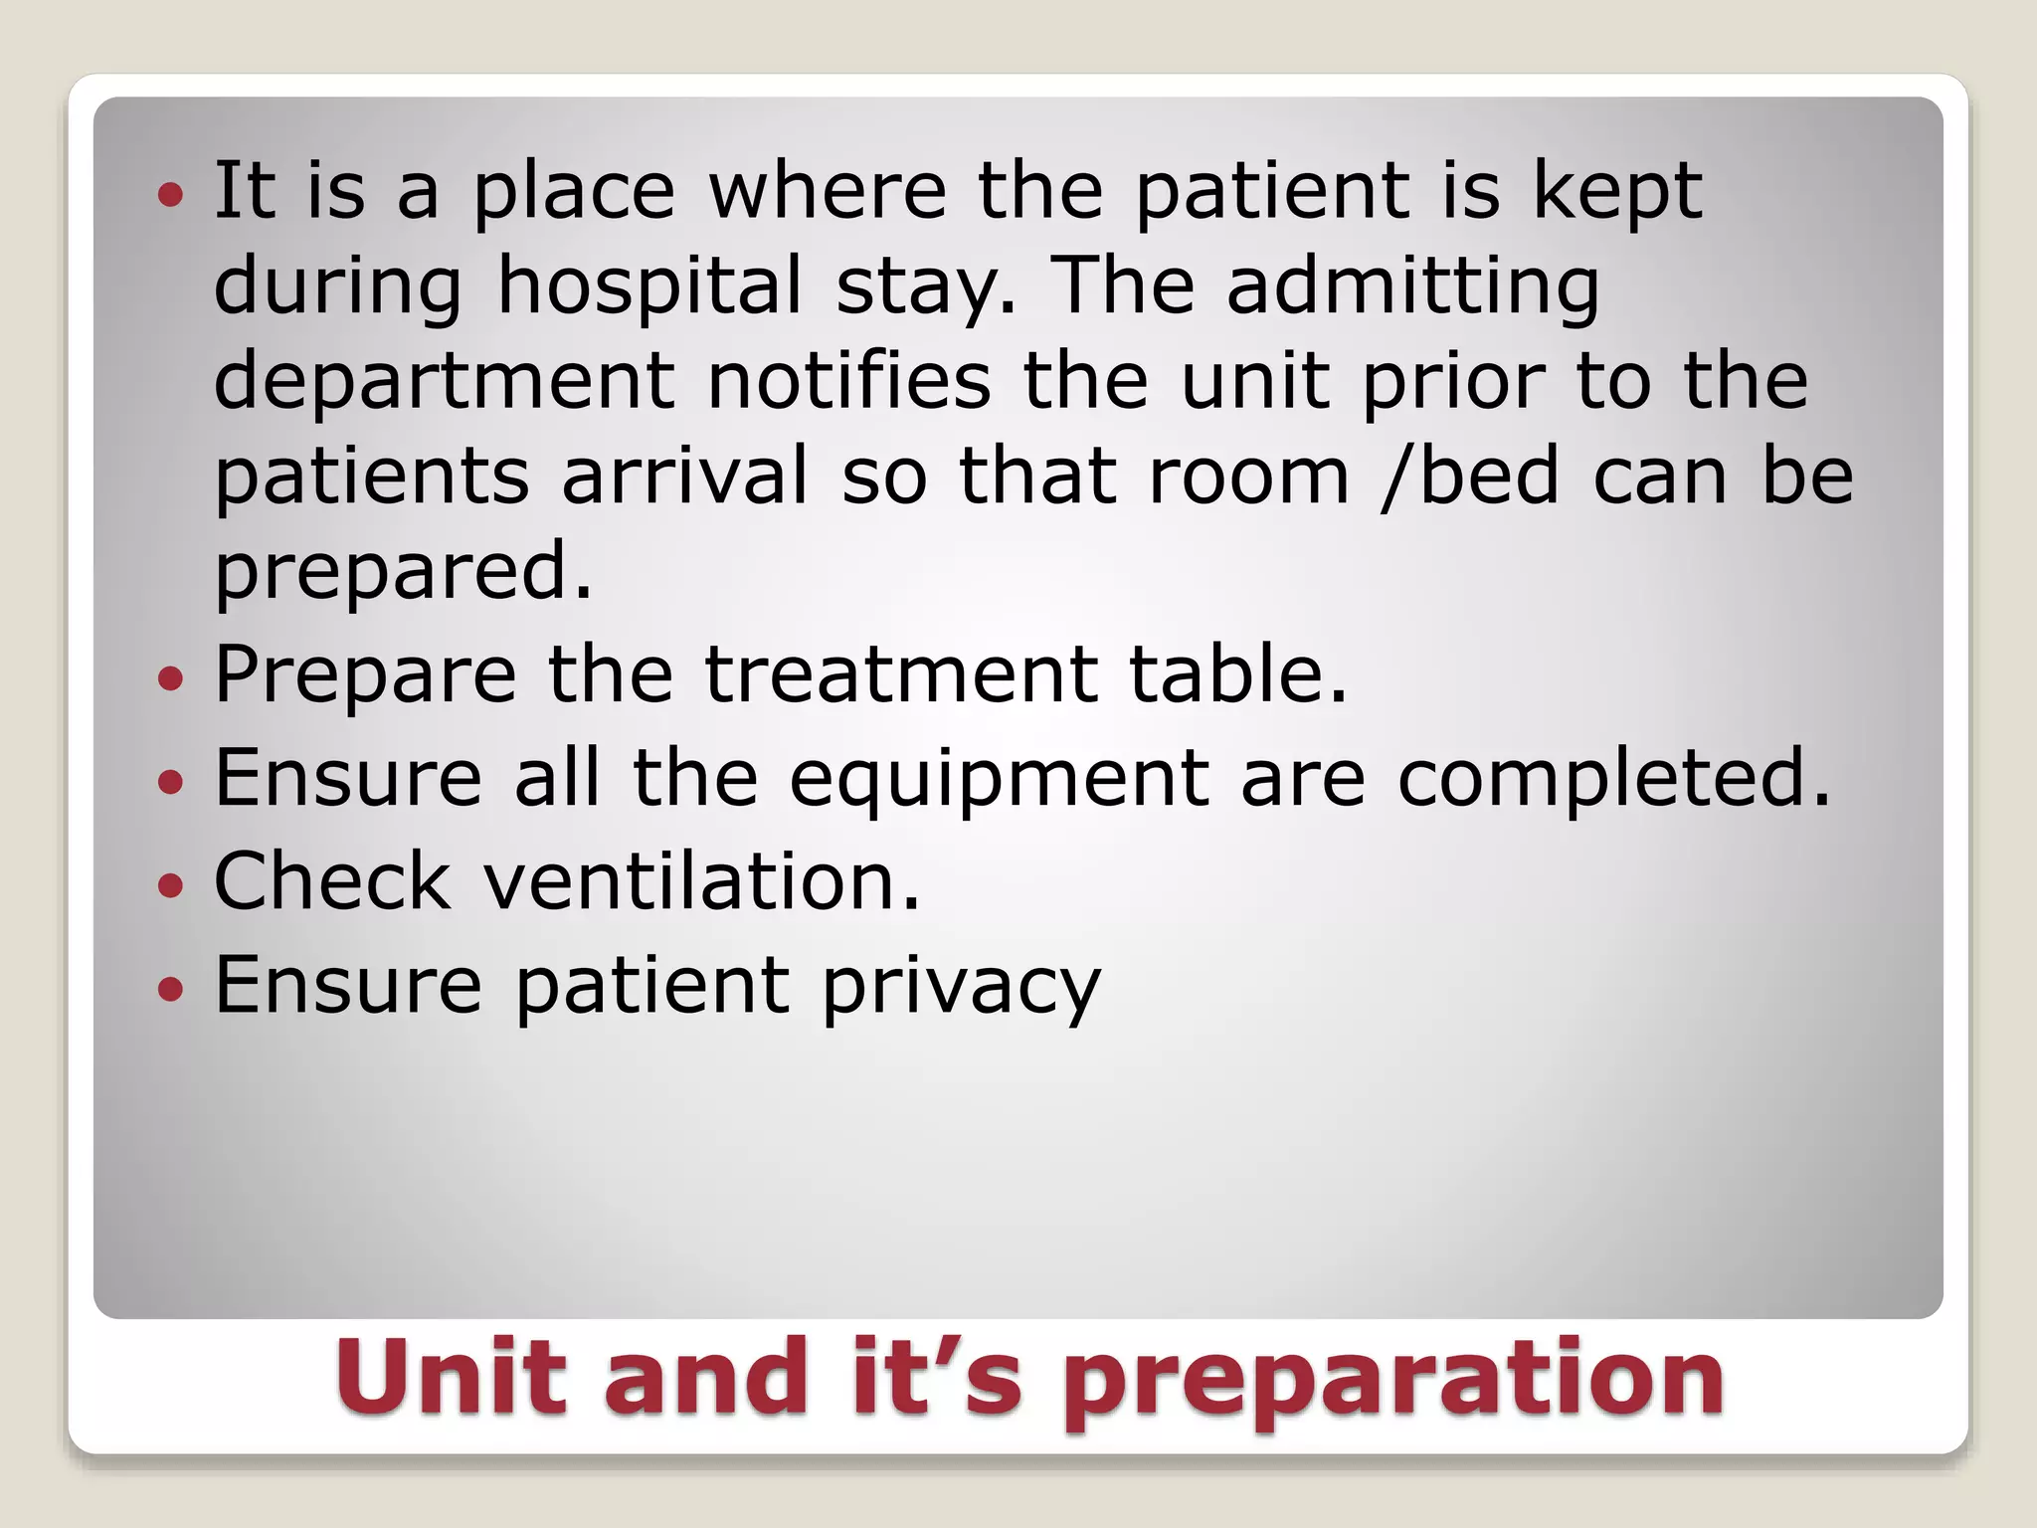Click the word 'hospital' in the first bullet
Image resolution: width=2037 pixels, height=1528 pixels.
pos(648,287)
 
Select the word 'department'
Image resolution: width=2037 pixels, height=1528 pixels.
pos(445,382)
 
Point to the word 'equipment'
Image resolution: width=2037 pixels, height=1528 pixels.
pos(1000,780)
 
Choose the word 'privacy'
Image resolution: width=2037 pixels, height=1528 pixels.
pos(961,987)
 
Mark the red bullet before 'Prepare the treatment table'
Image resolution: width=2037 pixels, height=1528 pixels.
pos(171,678)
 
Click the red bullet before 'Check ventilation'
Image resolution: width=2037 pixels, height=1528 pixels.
pos(171,885)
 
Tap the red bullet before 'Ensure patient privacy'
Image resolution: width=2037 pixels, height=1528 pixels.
pos(171,989)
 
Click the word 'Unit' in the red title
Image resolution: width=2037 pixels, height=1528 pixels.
pos(452,1377)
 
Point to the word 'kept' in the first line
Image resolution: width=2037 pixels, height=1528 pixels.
pos(1617,191)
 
